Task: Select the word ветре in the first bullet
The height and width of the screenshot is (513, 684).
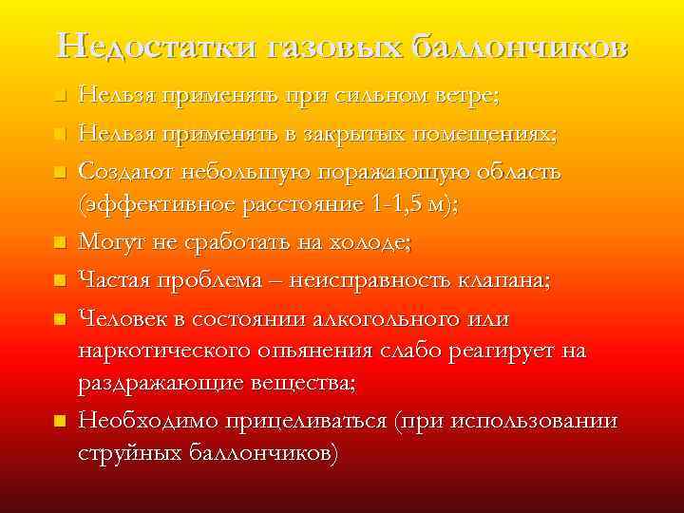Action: [x=468, y=96]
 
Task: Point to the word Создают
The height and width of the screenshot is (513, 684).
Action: [x=125, y=172]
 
